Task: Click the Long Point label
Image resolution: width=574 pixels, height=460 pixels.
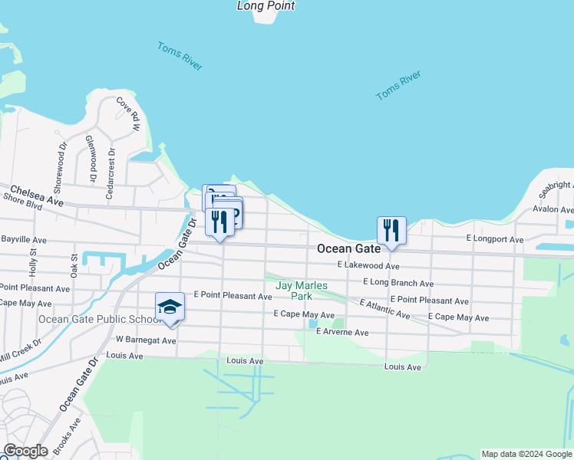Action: coord(266,6)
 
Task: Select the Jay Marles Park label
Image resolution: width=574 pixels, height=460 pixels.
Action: coord(302,291)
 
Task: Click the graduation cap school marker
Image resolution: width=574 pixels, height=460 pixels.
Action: coord(170,307)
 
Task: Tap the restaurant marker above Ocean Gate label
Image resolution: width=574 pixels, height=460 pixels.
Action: coord(391,229)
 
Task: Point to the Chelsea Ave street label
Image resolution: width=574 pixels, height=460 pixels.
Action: coord(36,195)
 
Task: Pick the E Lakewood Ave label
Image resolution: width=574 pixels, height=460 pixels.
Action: coord(368,265)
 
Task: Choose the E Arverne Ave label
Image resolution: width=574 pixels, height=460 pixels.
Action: coord(342,333)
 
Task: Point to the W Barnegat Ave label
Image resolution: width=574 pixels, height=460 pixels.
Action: coord(146,339)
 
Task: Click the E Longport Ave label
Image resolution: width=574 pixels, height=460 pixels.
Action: coord(494,240)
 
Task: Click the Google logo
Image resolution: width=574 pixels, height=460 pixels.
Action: coord(25,451)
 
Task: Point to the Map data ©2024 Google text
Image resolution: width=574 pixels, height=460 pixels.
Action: coord(526,454)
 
